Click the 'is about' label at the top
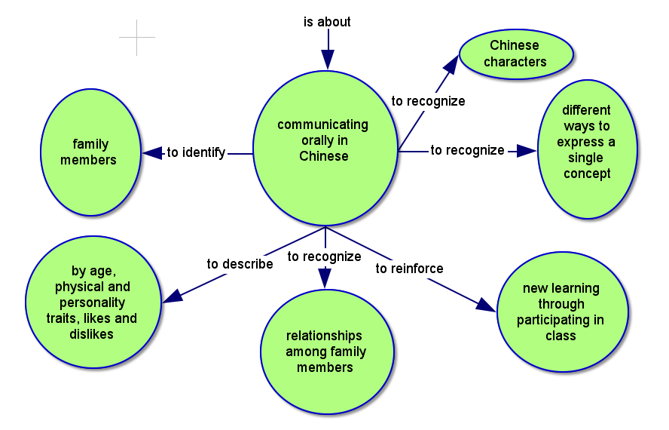coord(327,22)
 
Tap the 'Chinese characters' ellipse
coord(516,53)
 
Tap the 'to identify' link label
coord(196,153)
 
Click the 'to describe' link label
coord(240,264)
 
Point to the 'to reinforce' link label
coord(409,269)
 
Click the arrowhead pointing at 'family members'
coord(152,153)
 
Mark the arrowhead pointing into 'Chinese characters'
coord(452,63)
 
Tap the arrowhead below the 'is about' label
coord(327,59)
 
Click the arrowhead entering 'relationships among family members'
coord(325,278)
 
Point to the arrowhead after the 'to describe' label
coord(173,296)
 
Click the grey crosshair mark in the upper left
coord(137,38)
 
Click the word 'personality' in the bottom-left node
coord(92,303)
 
